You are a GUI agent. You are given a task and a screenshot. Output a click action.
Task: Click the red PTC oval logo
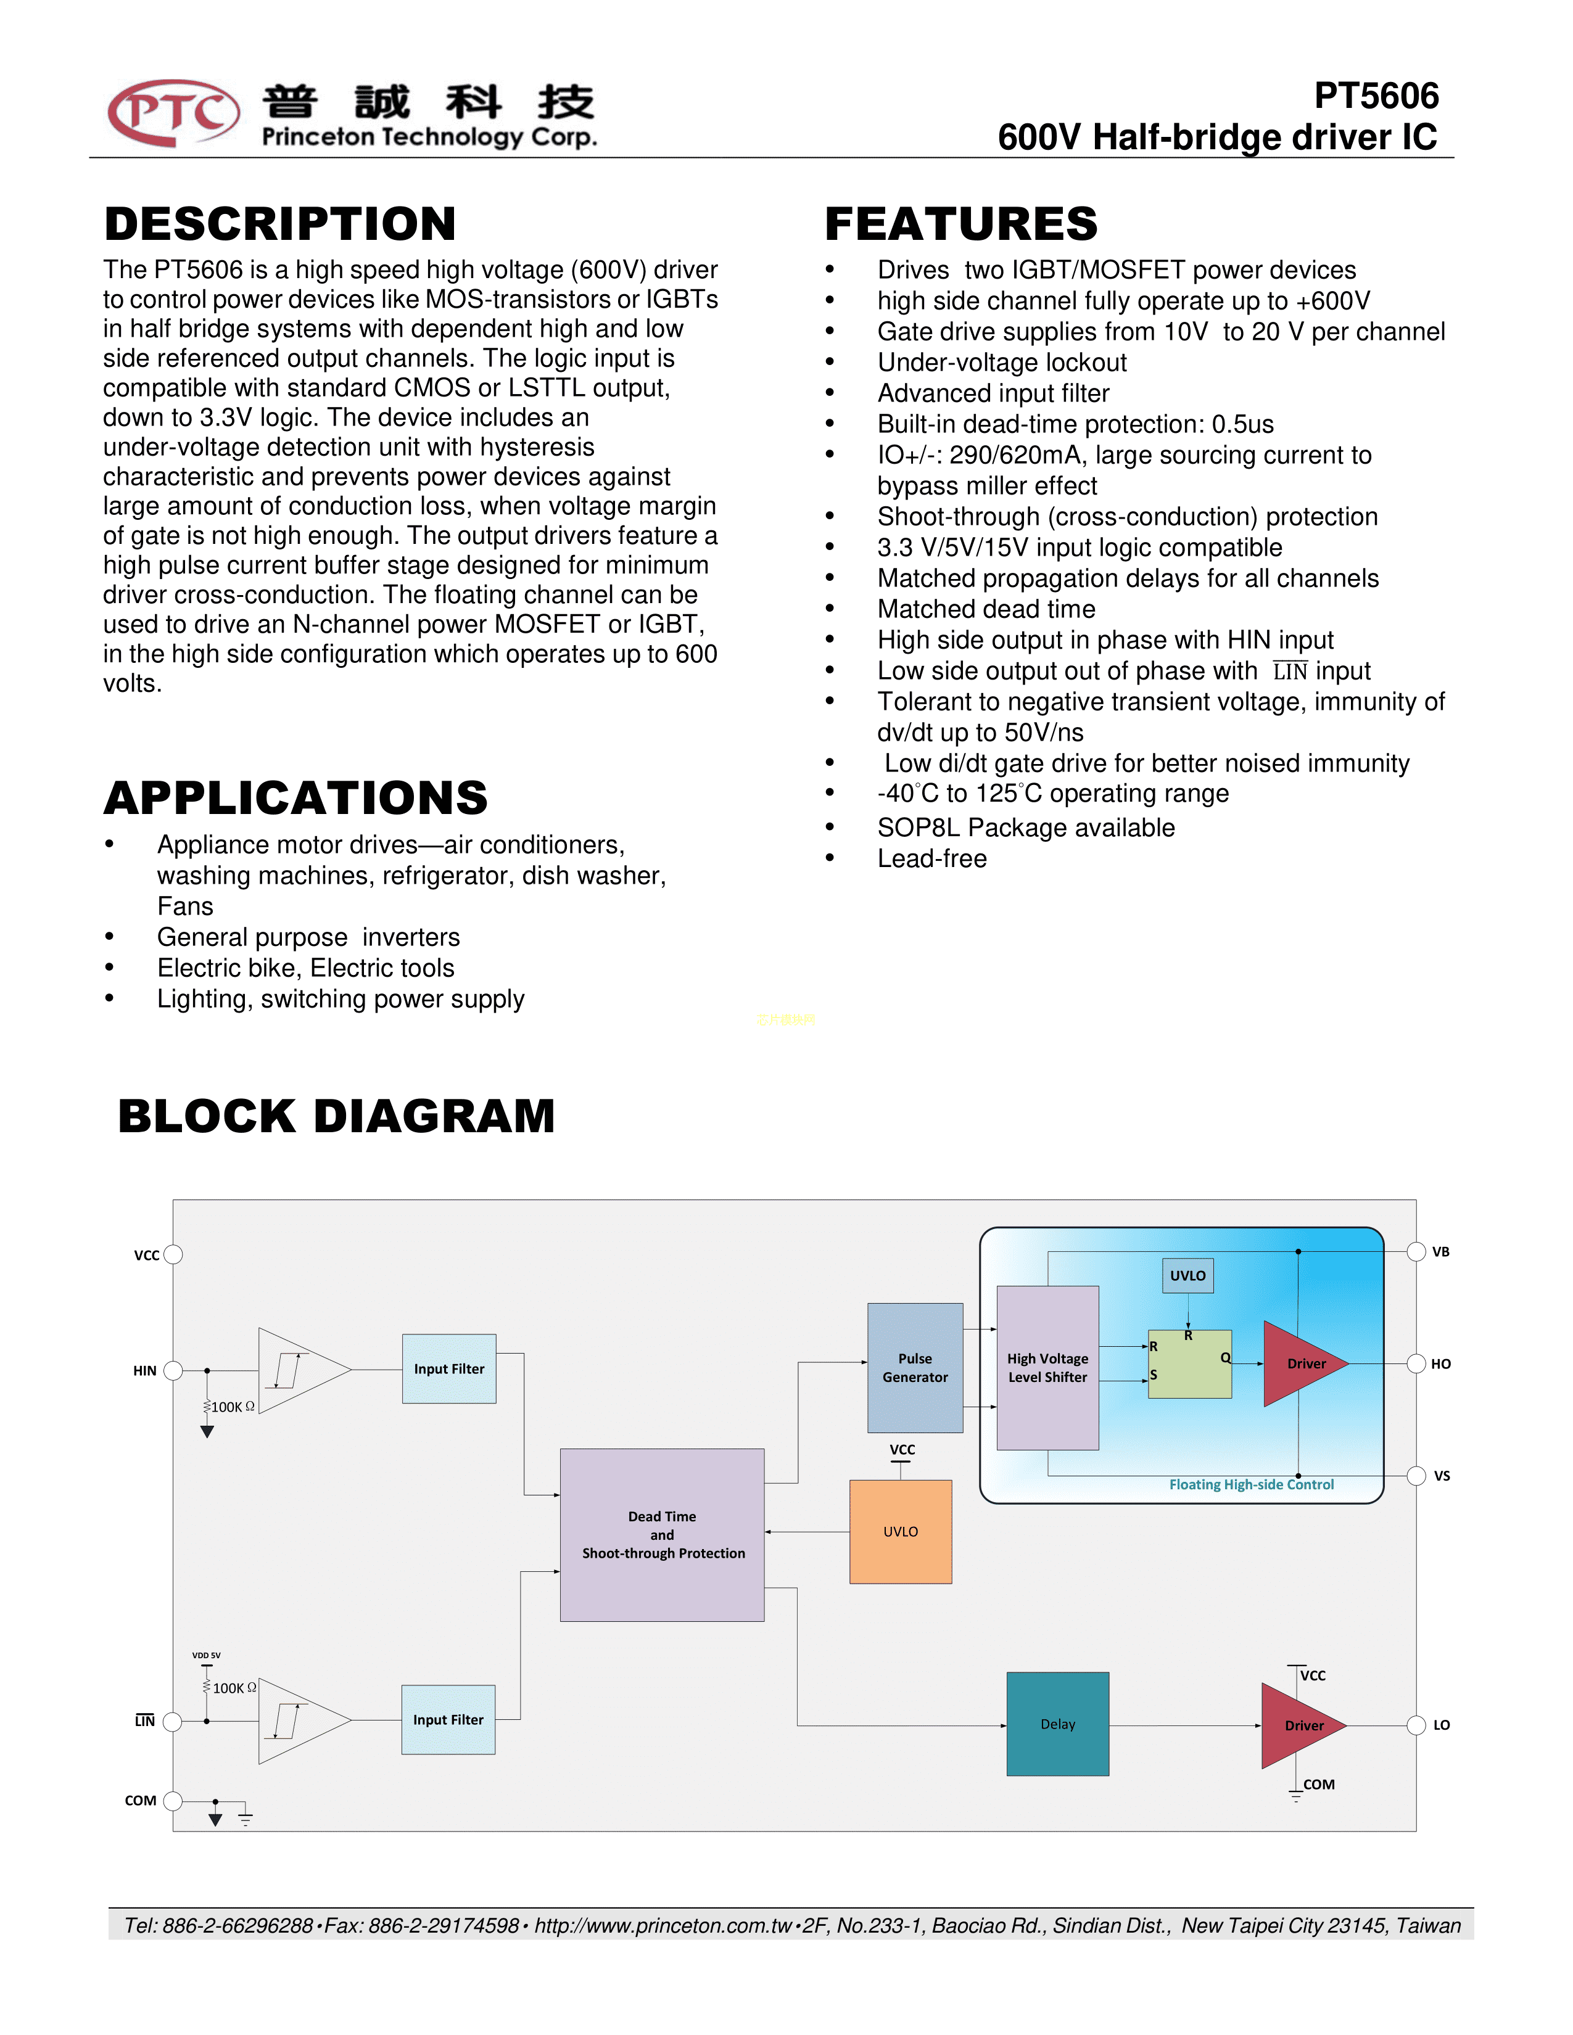(x=173, y=113)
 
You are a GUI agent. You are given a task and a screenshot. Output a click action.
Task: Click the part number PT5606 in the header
(x=1376, y=96)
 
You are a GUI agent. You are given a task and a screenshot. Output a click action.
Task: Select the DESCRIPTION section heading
(x=279, y=224)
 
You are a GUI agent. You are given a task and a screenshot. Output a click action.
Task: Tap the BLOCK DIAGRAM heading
(x=336, y=1116)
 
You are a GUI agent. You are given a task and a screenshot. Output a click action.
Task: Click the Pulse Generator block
(x=914, y=1367)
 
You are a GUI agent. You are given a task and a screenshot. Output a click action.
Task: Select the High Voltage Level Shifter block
(x=1047, y=1367)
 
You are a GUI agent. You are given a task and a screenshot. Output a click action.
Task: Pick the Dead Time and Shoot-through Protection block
(x=662, y=1535)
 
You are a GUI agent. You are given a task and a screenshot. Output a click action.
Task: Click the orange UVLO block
(x=900, y=1531)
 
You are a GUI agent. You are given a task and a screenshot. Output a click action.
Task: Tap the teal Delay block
(x=1058, y=1724)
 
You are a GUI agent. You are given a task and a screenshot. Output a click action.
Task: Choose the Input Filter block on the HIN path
(x=449, y=1369)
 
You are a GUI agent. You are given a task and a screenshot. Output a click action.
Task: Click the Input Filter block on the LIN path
(x=448, y=1720)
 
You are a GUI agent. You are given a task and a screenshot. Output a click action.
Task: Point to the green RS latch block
(x=1190, y=1364)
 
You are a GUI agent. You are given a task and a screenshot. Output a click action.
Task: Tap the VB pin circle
(x=1416, y=1251)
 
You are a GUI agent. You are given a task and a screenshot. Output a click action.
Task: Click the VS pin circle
(x=1416, y=1475)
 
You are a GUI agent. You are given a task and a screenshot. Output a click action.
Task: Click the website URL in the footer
(x=663, y=1925)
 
